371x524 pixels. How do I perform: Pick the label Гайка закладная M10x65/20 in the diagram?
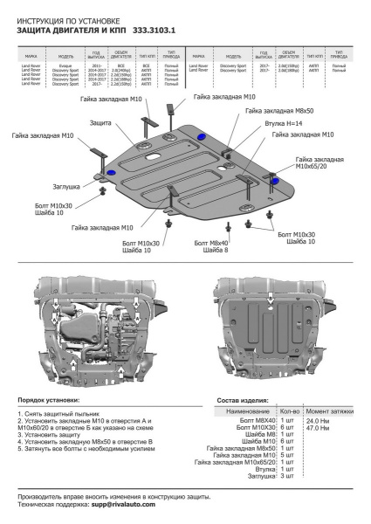point(323,166)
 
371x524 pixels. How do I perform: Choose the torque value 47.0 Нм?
point(318,428)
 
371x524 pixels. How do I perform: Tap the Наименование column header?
point(248,410)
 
